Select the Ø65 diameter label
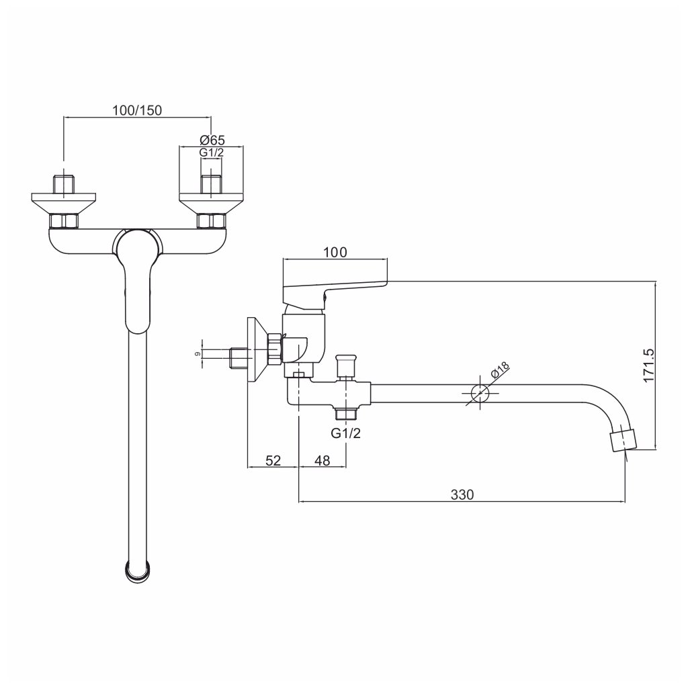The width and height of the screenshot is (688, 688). click(212, 140)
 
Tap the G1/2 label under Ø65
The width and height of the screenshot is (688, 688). click(212, 153)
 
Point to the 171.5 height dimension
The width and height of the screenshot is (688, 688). click(649, 365)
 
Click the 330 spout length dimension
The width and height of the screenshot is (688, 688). click(462, 494)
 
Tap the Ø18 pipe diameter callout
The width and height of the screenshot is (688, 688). click(501, 372)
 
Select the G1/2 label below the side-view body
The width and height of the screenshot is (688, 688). click(346, 433)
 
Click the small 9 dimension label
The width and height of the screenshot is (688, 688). click(197, 353)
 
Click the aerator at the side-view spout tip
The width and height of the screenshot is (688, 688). click(623, 441)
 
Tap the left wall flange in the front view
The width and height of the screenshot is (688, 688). click(64, 201)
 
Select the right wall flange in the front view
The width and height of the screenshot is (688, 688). click(212, 201)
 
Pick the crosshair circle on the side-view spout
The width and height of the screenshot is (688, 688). click(479, 393)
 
